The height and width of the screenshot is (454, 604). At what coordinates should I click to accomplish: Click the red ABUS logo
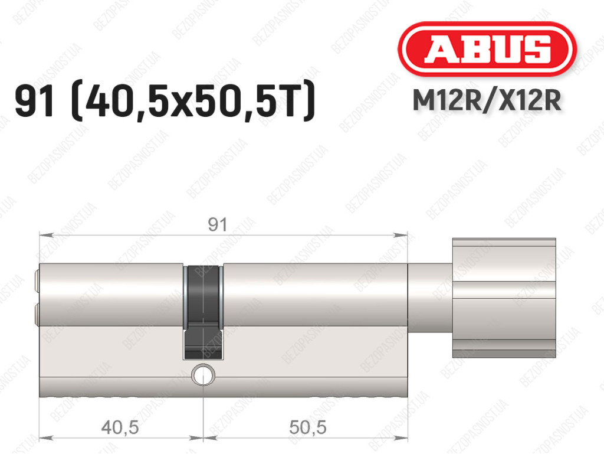487,48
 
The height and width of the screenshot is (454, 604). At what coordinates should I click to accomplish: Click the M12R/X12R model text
487,101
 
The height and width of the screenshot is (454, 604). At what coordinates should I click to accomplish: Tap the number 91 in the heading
34,101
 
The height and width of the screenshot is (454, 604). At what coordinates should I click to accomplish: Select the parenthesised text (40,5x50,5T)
193,101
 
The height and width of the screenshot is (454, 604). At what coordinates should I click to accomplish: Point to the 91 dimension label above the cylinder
218,225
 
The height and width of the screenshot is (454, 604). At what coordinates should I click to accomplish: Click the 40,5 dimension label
120,427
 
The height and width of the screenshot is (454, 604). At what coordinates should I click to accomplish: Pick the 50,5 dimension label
308,427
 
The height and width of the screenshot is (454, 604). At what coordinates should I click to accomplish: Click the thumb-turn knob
504,298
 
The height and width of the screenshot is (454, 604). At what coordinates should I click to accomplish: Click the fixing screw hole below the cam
203,375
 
